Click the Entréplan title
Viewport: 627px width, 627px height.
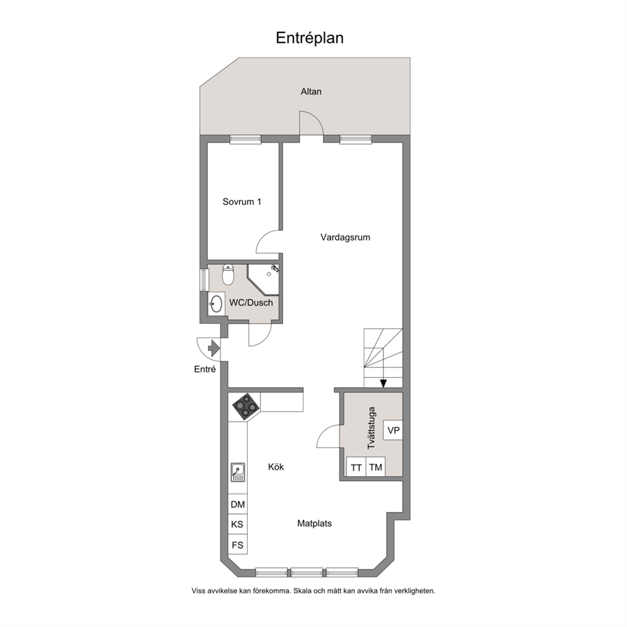pos(310,39)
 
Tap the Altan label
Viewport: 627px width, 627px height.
pos(311,92)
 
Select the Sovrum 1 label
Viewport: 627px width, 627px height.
pos(242,202)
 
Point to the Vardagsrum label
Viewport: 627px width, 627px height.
pos(345,237)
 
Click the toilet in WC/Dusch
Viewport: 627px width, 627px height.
pos(228,274)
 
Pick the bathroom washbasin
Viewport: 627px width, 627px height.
pos(216,304)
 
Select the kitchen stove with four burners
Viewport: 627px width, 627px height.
pos(245,406)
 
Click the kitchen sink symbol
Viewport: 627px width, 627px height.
pos(238,472)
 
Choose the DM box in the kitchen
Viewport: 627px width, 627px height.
pos(238,504)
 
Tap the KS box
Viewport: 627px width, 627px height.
pos(238,524)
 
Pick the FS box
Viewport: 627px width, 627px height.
pos(238,545)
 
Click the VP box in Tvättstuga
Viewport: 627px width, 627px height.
pos(393,430)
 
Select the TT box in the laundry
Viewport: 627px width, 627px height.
pos(356,467)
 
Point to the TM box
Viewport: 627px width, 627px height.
pos(375,467)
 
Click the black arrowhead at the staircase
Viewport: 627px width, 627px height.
pos(383,384)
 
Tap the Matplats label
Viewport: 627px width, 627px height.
pos(314,523)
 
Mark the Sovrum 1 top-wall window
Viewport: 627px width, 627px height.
pos(245,139)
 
